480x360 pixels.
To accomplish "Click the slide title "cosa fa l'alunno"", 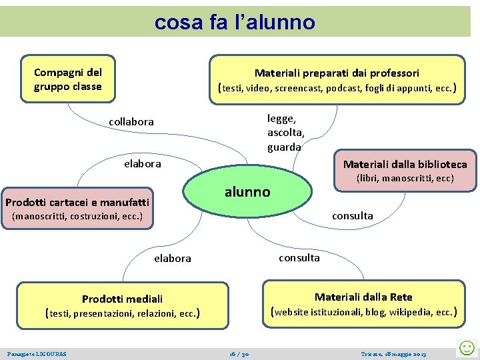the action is pos(235,22).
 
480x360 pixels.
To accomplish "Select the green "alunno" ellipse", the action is pos(248,192).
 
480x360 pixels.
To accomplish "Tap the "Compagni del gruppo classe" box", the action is pos(67,79).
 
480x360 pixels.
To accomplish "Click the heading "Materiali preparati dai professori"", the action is pos(337,73).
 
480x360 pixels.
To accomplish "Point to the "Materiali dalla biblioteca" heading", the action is pos(405,164).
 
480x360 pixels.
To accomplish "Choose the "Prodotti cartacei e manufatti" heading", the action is pos(77,202).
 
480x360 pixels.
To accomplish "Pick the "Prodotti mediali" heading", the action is pos(122,299).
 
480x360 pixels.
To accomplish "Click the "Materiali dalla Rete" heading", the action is pos(363,297).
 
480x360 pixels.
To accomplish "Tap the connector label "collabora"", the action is pos(131,122).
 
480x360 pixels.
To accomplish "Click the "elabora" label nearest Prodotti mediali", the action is pos(172,258).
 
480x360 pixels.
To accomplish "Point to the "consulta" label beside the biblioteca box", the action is pos(352,215).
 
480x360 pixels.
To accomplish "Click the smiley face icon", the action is pos(467,347).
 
